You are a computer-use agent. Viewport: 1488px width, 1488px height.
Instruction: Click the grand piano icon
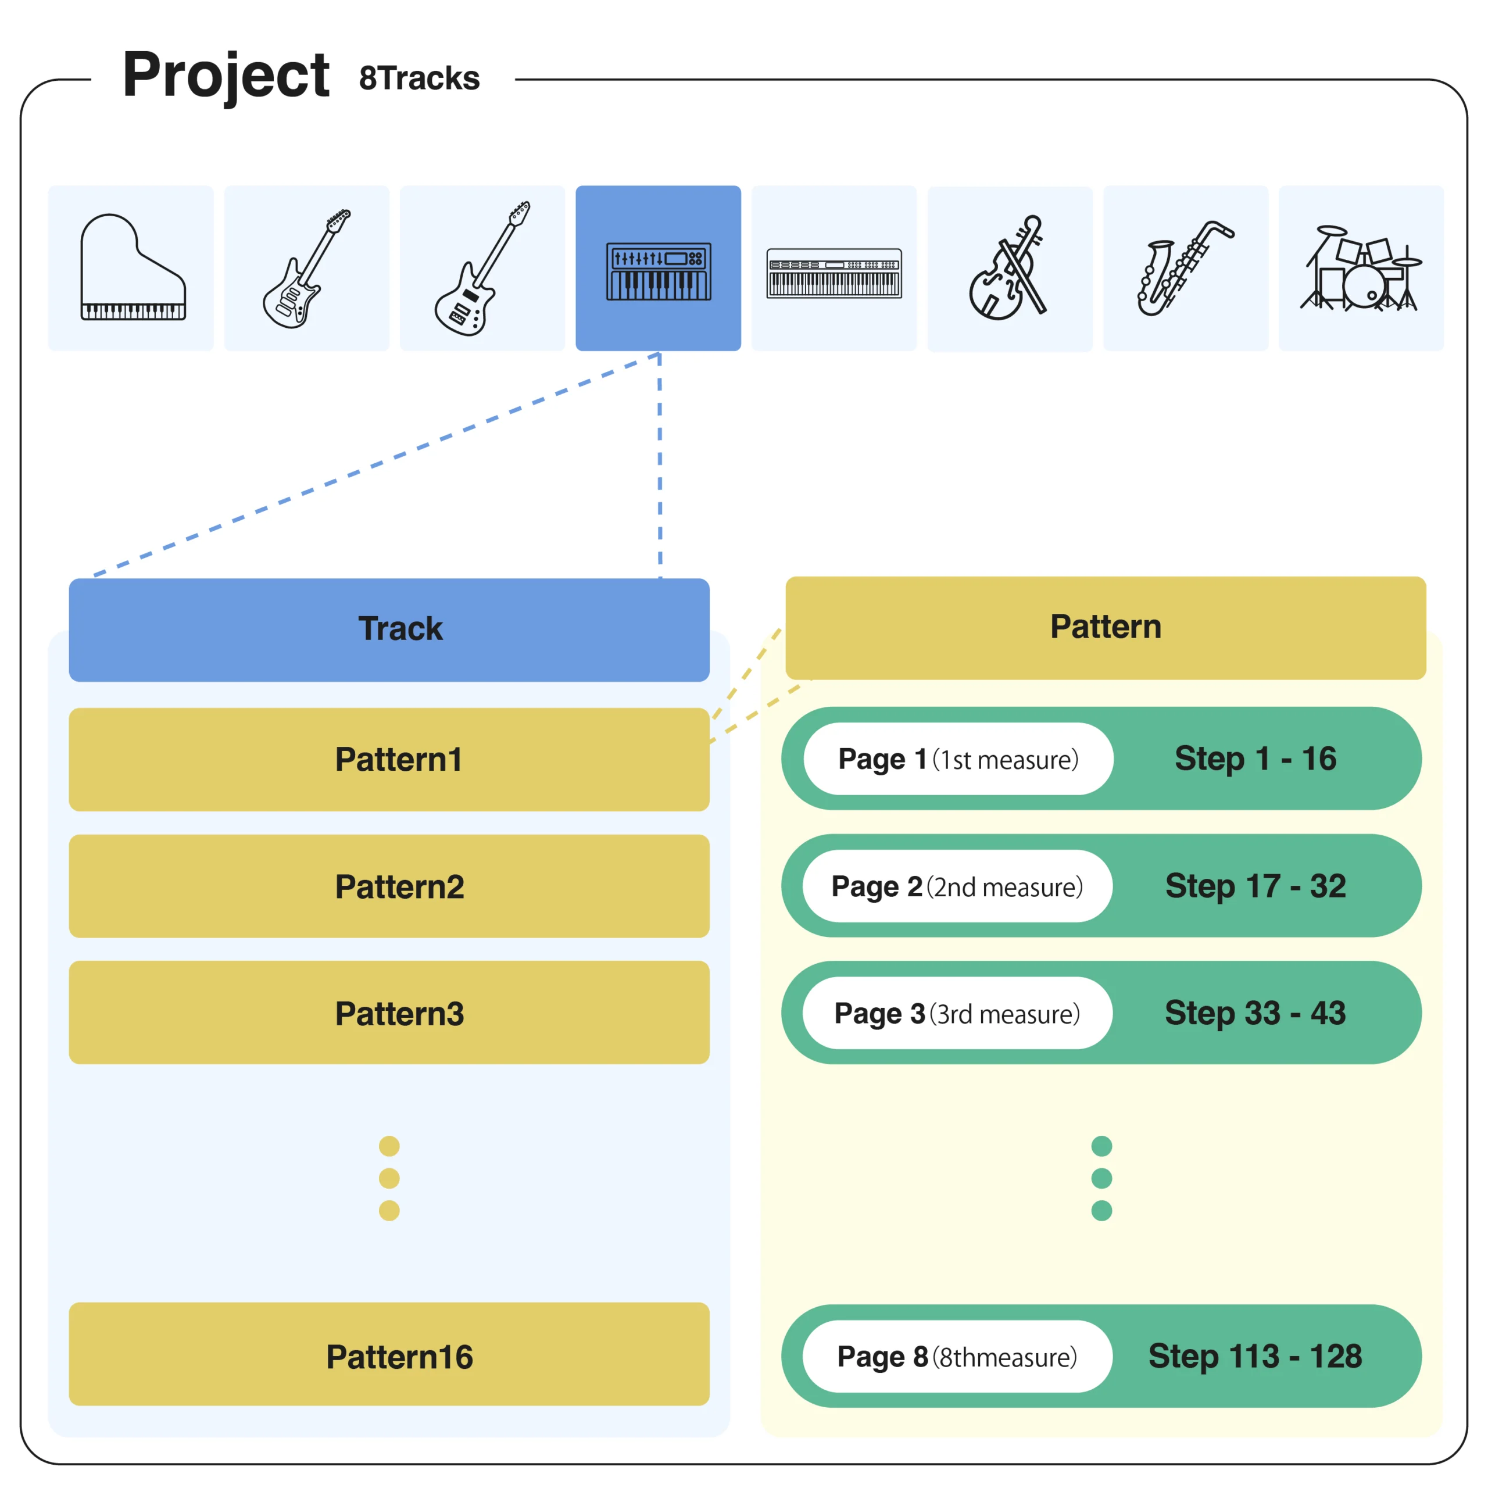pyautogui.click(x=133, y=267)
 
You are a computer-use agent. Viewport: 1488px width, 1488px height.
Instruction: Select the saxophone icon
pyautogui.click(x=1185, y=267)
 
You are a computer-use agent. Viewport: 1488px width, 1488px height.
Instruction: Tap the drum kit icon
pyautogui.click(x=1361, y=268)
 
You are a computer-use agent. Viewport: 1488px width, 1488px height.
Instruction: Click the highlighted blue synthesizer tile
pyautogui.click(x=659, y=268)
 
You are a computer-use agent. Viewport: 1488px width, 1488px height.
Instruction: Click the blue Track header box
pyautogui.click(x=389, y=630)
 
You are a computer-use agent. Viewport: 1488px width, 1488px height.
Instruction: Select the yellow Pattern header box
pyautogui.click(x=1105, y=628)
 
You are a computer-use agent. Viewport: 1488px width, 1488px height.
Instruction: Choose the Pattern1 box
pyautogui.click(x=389, y=760)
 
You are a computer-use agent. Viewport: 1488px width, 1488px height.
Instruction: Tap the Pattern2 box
pyautogui.click(x=389, y=886)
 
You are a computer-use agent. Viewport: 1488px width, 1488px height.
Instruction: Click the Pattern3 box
pyautogui.click(x=389, y=1013)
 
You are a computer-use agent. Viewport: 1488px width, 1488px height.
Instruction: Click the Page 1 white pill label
pyautogui.click(x=958, y=759)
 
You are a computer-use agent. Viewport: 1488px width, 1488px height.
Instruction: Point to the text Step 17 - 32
pyautogui.click(x=1255, y=886)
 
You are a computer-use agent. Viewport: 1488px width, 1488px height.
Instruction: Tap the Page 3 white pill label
pyautogui.click(x=957, y=1013)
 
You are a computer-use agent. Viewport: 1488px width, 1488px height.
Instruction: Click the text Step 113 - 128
pyautogui.click(x=1255, y=1355)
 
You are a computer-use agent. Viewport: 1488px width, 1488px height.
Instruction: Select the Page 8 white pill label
pyautogui.click(x=957, y=1356)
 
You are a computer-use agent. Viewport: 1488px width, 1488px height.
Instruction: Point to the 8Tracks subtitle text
pyautogui.click(x=420, y=78)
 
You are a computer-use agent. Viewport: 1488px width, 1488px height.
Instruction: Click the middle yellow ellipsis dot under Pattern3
pyautogui.click(x=389, y=1178)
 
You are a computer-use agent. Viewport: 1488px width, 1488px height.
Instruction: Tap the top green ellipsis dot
pyautogui.click(x=1102, y=1146)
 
